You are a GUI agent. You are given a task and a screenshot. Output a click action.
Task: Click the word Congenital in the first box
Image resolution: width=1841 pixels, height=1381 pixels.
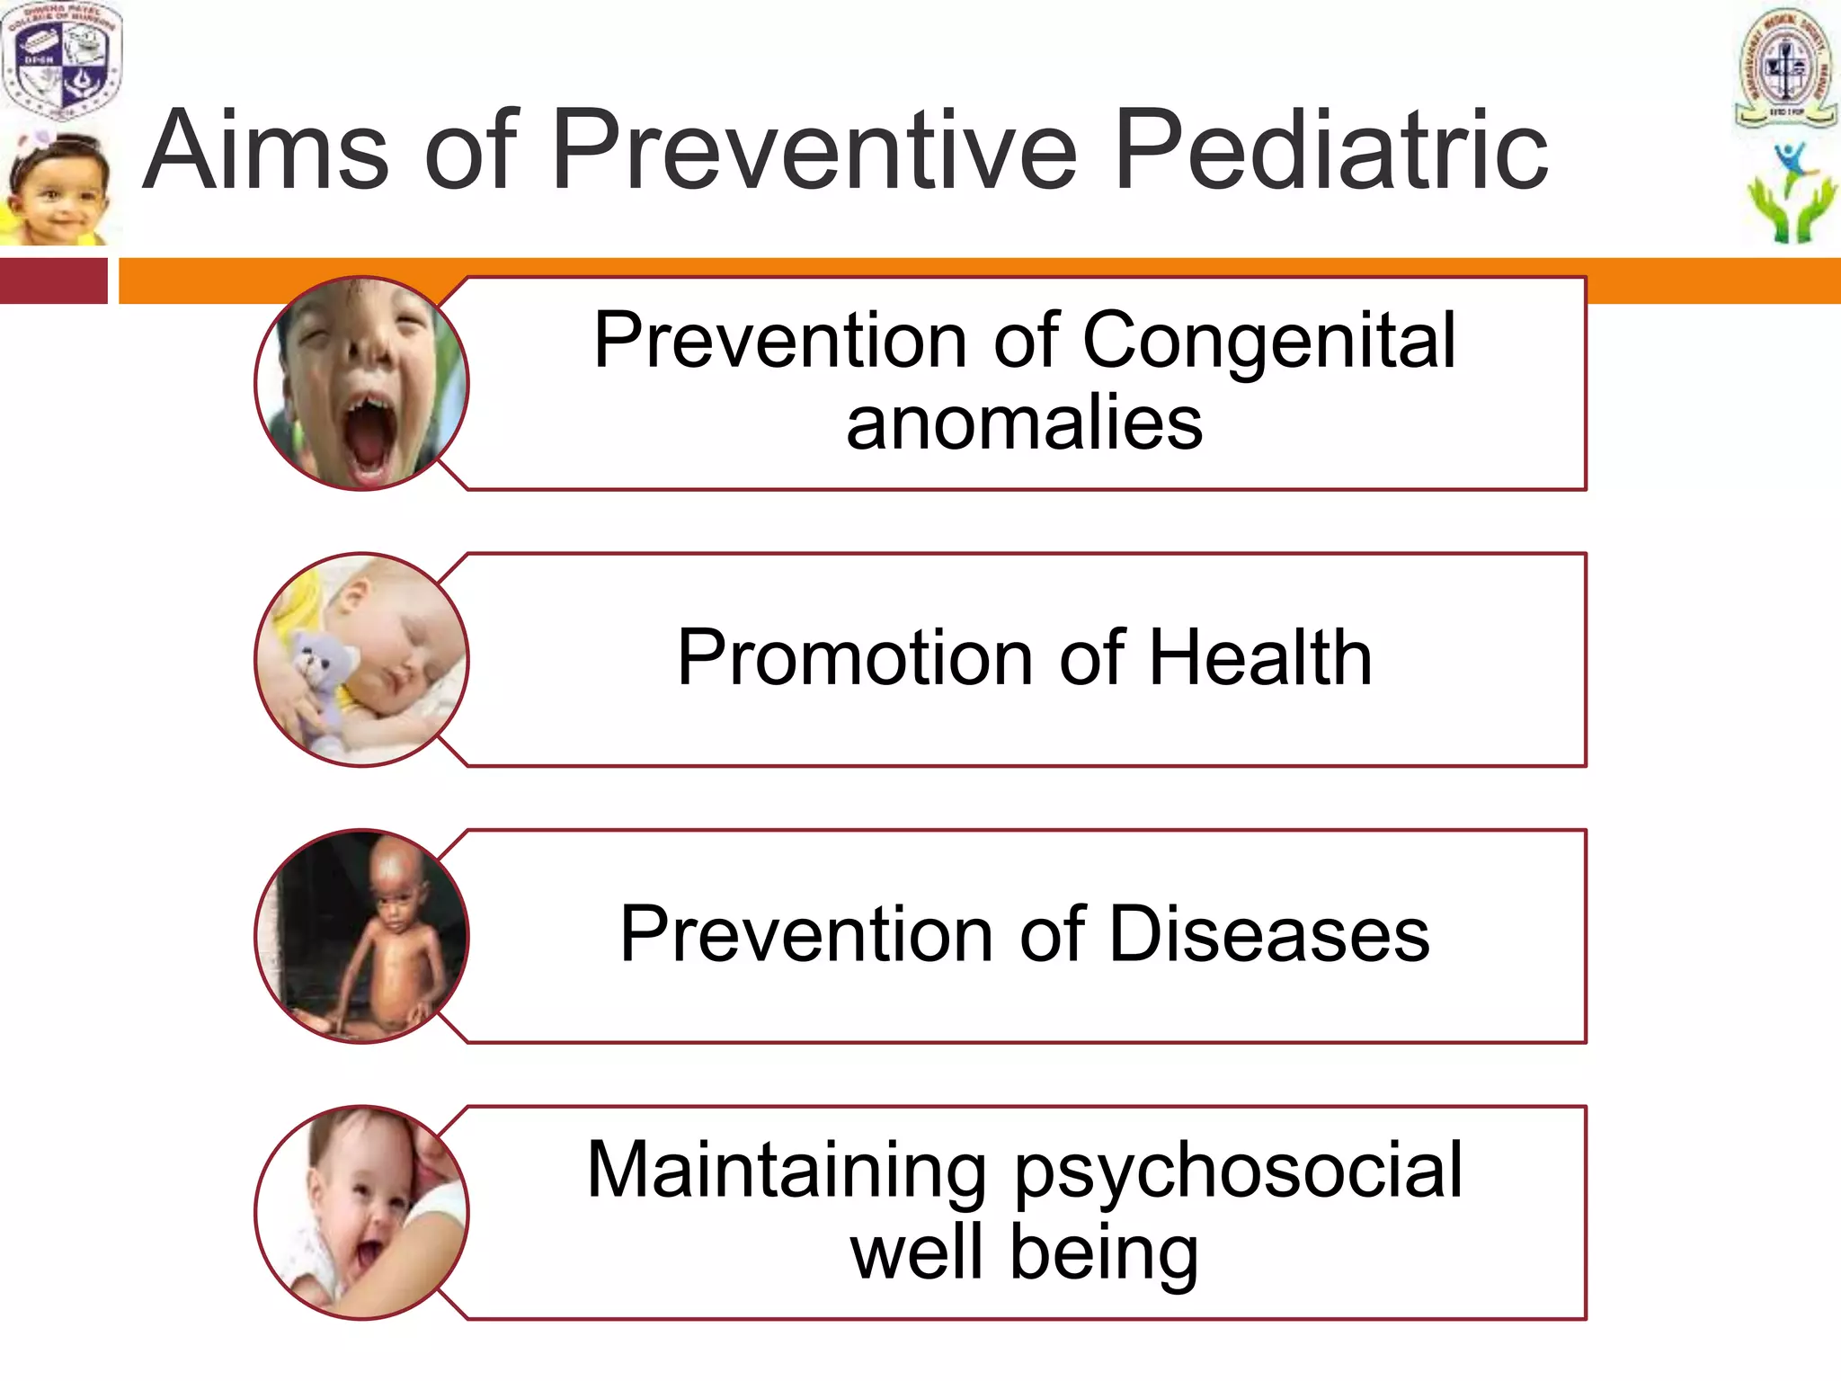(x=1268, y=342)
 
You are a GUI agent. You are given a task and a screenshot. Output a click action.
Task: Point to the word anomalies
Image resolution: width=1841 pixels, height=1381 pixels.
(x=1024, y=423)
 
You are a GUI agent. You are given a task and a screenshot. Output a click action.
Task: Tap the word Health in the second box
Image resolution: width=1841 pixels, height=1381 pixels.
(x=1260, y=658)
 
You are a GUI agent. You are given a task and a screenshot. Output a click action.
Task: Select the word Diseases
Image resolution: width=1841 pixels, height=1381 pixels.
(x=1268, y=935)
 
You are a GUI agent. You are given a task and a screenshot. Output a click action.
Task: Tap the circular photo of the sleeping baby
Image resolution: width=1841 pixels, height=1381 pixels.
(x=361, y=659)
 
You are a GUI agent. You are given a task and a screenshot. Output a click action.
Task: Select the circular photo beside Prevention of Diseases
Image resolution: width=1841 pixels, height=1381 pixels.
(x=361, y=936)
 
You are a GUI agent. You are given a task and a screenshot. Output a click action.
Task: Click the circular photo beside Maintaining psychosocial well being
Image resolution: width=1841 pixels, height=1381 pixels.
(x=361, y=1212)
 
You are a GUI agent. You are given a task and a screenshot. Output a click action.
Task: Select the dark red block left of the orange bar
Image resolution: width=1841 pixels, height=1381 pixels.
(x=53, y=281)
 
